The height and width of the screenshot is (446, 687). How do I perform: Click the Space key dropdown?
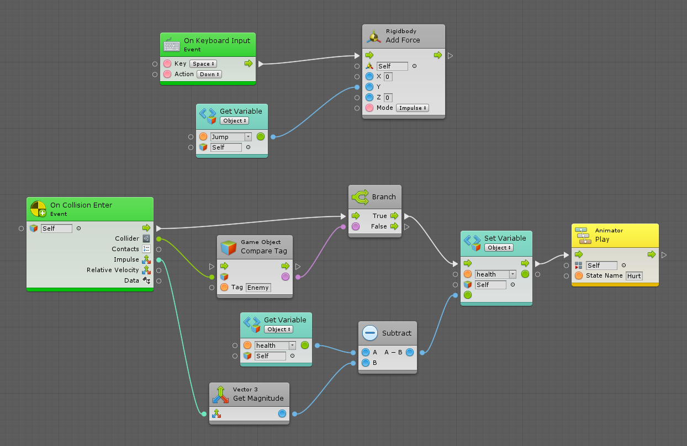203,64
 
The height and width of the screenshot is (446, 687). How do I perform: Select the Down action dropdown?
209,75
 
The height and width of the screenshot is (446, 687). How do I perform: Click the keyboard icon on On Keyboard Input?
172,45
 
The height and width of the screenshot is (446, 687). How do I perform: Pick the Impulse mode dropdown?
413,108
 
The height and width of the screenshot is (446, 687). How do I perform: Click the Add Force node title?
403,40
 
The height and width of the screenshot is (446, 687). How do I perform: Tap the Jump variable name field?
227,137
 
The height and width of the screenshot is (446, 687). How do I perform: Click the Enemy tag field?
258,288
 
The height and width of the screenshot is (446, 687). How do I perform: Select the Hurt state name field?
634,276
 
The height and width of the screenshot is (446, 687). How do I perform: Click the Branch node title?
384,197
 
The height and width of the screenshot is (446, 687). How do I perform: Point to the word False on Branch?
379,226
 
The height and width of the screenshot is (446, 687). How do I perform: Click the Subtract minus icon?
370,333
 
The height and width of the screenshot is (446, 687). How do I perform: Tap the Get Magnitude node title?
258,399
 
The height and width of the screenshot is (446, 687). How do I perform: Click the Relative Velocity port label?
113,270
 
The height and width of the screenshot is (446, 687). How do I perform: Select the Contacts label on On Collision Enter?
125,249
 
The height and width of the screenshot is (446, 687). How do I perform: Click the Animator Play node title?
602,240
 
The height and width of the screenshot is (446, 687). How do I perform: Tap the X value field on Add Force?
388,77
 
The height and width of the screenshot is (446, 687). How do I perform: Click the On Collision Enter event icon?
38,209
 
